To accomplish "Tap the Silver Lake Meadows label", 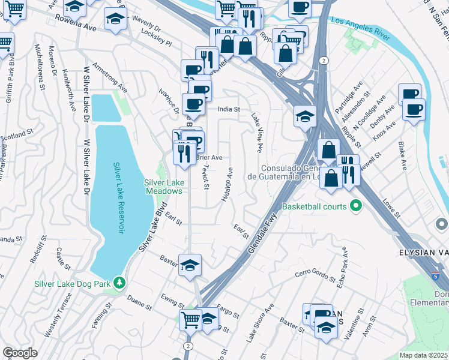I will pos(163,187).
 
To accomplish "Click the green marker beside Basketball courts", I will pos(355,206).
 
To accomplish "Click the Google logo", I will pos(20,353).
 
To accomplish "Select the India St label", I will pos(228,109).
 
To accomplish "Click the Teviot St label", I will pos(206,178).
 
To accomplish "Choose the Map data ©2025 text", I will pos(423,355).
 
